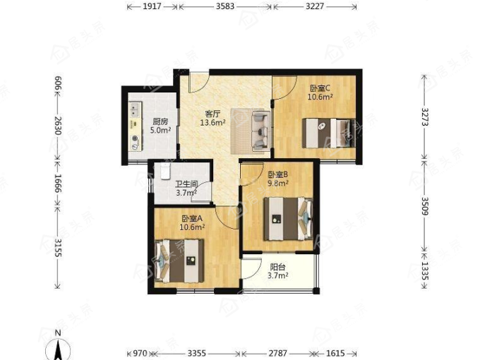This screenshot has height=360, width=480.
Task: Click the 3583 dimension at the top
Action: (x=225, y=6)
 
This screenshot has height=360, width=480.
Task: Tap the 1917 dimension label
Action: (x=152, y=6)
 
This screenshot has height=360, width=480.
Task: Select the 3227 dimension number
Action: (x=315, y=6)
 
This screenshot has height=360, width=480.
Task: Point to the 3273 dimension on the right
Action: (x=425, y=117)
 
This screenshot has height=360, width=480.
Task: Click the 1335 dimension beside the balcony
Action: (x=425, y=270)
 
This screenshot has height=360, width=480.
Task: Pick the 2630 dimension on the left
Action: (x=58, y=126)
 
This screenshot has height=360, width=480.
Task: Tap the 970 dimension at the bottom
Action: (x=140, y=353)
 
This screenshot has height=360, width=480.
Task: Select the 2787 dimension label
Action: (x=278, y=353)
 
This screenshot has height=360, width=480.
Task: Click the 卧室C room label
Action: (x=320, y=88)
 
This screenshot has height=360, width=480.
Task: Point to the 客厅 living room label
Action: (x=212, y=114)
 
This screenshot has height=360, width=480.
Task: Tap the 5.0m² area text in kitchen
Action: (x=160, y=130)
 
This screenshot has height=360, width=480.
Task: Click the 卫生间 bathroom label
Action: (x=186, y=184)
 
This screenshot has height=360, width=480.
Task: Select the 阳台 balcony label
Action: (x=277, y=267)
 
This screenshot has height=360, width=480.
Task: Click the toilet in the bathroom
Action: (x=165, y=172)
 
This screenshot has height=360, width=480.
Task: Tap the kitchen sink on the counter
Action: (x=135, y=109)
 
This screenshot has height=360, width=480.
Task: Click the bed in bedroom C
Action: (x=329, y=133)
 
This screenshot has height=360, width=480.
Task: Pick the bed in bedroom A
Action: (x=179, y=260)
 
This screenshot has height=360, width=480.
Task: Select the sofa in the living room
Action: (x=261, y=131)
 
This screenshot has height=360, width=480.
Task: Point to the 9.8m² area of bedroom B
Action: (x=278, y=184)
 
